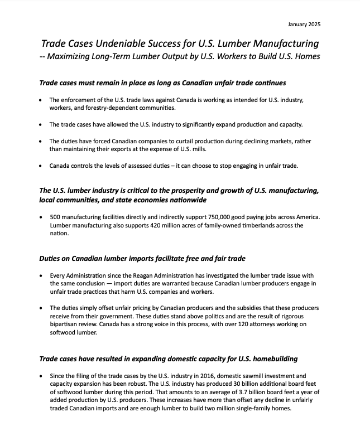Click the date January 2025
pyautogui.click(x=304, y=24)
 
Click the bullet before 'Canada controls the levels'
pyautogui.click(x=41, y=166)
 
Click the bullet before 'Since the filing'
pyautogui.click(x=41, y=376)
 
